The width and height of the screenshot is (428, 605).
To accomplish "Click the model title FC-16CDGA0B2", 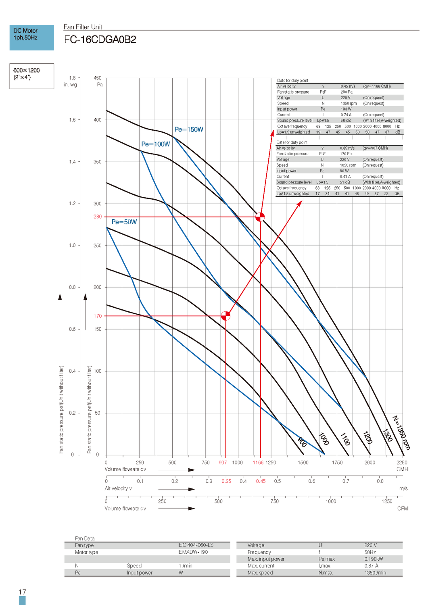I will pos(100,40).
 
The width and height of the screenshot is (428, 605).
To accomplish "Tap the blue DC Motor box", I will pos(32,38).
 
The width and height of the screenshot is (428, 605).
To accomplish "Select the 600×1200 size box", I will pos(32,76).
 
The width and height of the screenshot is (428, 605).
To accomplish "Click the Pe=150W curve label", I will pos(189,129).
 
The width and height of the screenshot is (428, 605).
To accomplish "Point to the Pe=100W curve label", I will pos(156,144).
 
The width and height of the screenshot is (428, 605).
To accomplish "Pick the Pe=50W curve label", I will pos(124,222).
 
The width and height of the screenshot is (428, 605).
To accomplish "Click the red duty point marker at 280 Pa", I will pos(260,217).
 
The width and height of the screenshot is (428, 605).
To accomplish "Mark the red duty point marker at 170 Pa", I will pos(226,316).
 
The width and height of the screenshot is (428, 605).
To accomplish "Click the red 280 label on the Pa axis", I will pos(98,217).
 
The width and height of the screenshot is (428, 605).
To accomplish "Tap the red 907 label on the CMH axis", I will pos(223,463).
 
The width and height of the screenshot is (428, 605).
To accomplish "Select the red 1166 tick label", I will pos(258,463).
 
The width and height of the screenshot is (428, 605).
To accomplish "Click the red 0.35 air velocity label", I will pos(226,481).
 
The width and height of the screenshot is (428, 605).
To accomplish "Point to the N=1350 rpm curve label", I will pos(401,432).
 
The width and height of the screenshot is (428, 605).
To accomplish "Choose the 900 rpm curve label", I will pos(302,442).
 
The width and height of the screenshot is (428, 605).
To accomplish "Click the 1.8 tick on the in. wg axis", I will pos(72,78).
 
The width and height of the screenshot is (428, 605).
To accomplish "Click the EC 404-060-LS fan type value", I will pos(196,545).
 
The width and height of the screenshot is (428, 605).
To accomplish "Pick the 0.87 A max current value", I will pos(371,566).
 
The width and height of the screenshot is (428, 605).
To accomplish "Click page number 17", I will pos(22,592).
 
